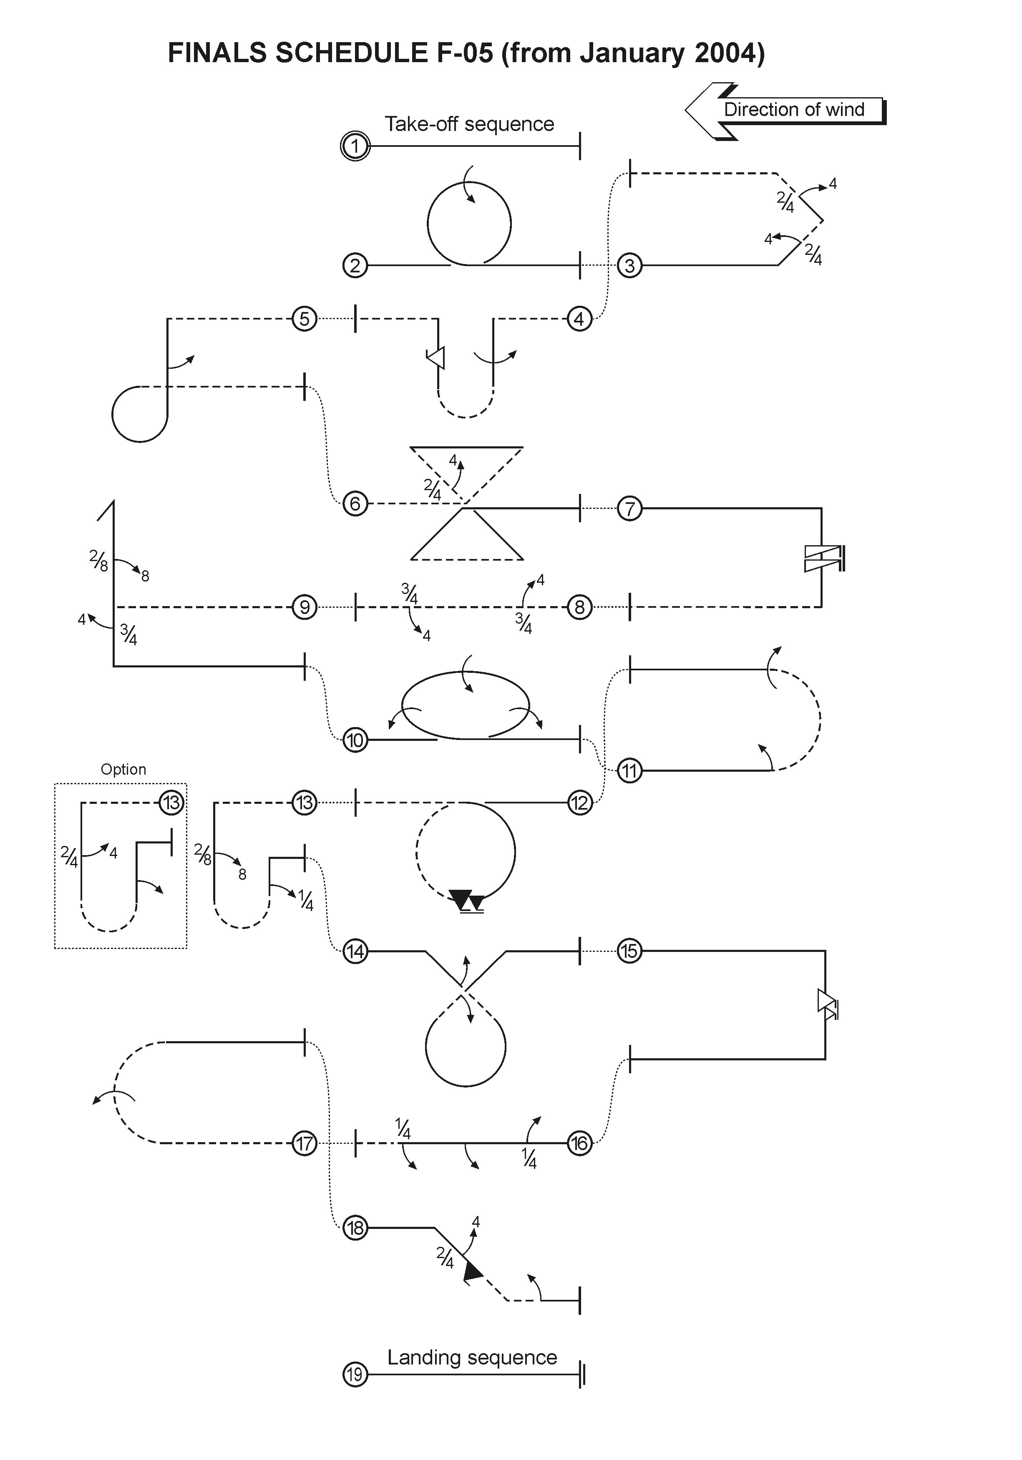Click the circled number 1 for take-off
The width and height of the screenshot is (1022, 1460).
tap(355, 146)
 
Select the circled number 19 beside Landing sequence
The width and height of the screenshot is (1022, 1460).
tap(355, 1375)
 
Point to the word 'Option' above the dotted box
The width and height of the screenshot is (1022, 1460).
tap(123, 770)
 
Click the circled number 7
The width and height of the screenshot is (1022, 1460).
tap(629, 509)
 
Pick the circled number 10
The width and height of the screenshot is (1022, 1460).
tap(355, 740)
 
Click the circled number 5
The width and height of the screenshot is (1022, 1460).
tap(305, 319)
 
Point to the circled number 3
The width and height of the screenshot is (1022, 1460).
tap(629, 265)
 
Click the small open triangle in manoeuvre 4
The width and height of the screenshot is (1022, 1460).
tap(437, 358)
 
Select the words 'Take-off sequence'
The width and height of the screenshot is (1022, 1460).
tap(469, 124)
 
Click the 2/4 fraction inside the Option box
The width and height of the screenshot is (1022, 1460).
tap(69, 856)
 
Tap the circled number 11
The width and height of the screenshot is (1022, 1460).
tap(629, 771)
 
